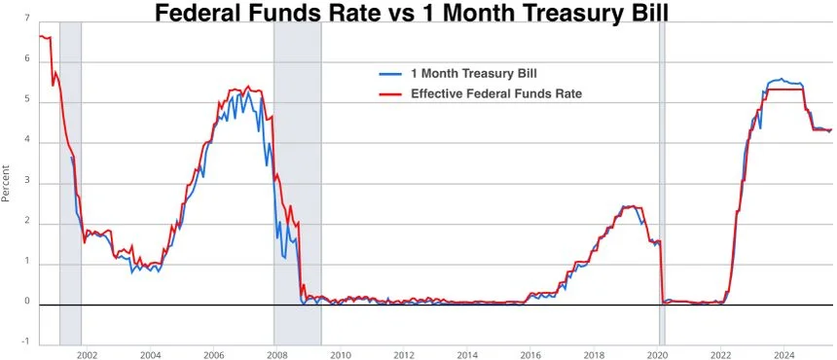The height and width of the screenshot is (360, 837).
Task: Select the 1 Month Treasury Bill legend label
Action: (473, 73)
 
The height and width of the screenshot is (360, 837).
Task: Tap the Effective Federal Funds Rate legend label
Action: (496, 93)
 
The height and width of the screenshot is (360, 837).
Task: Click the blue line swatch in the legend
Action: (391, 73)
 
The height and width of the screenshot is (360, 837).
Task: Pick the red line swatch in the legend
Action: (391, 93)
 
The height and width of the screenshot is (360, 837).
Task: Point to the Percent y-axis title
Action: (8, 181)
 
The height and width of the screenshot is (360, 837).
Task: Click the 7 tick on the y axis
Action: (26, 18)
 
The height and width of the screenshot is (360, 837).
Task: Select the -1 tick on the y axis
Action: (24, 342)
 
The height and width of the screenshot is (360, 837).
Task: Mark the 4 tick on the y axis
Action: (26, 140)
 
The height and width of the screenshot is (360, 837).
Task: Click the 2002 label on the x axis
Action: (86, 354)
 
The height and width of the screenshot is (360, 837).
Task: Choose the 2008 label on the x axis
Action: (276, 354)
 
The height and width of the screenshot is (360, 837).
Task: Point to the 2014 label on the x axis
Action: (467, 354)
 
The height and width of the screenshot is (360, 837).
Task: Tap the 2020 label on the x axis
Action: (658, 354)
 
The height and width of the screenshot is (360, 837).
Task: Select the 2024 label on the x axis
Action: (784, 354)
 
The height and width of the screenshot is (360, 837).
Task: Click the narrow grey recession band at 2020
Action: (663, 175)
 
